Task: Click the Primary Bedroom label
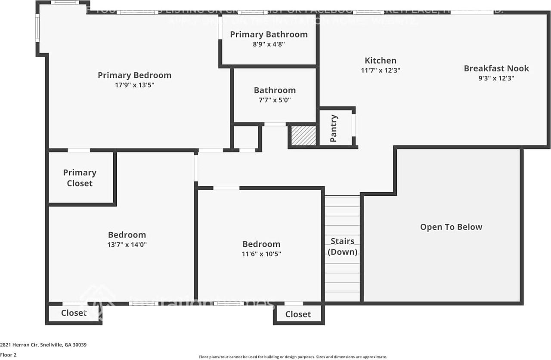coord(134,75)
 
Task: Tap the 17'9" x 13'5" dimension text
coord(134,85)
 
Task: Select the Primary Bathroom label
coord(269,34)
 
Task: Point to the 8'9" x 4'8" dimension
coord(269,44)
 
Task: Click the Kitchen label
coord(380,61)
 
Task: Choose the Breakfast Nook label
coord(496,68)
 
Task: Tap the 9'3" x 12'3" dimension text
coord(496,78)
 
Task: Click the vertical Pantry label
coord(334,128)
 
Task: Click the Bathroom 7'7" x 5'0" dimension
coord(275,100)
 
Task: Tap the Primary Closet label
coord(80,178)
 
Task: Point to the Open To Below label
coord(451,227)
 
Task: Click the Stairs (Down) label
coord(342,246)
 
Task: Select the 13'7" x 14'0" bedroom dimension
coord(127,245)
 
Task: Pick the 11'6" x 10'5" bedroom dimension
coord(261,254)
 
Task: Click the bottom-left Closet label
coord(74,313)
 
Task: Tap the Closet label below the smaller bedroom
coord(298,314)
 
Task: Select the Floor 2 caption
coord(8,355)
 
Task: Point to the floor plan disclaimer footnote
coord(293,357)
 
